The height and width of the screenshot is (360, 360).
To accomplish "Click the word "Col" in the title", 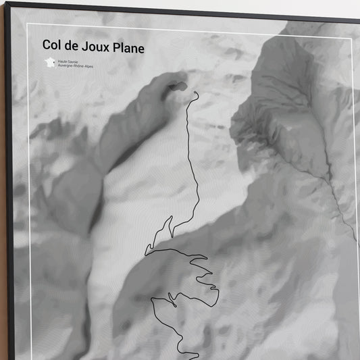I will (x=52, y=46).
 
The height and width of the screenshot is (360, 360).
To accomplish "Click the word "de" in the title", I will (x=72, y=46).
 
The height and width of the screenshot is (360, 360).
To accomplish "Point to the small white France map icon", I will (x=50, y=63).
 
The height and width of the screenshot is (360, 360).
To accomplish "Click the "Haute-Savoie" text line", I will (x=70, y=61).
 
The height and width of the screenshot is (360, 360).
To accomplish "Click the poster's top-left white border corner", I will (x=28, y=25).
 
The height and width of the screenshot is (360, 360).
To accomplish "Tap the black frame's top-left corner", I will (x=7, y=3).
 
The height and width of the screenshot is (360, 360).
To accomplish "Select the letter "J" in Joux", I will (x=83, y=46).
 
